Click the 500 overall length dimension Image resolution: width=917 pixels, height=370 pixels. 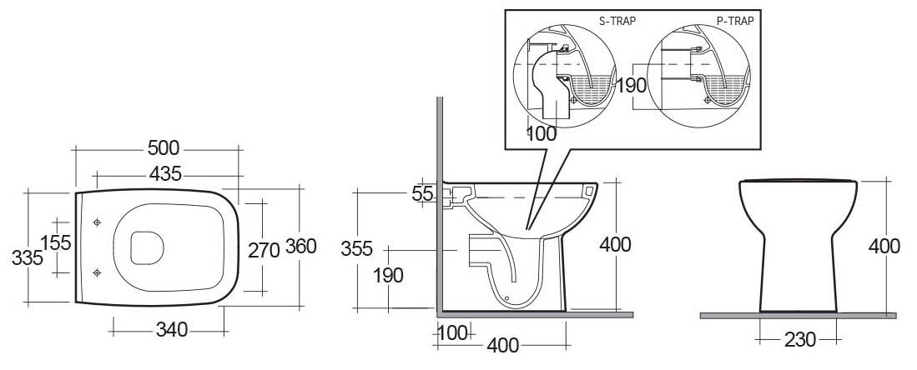pyautogui.click(x=164, y=148)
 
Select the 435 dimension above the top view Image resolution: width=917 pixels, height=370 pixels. pyautogui.click(x=165, y=173)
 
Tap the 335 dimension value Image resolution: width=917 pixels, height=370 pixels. pyautogui.click(x=28, y=257)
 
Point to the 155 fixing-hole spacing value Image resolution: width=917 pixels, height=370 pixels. pyautogui.click(x=56, y=242)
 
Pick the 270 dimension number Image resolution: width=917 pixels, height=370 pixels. pyautogui.click(x=264, y=250)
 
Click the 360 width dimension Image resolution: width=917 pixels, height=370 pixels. pyautogui.click(x=300, y=246)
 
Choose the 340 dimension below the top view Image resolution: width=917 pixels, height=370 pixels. pyautogui.click(x=172, y=330)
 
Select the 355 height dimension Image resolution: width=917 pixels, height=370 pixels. pyautogui.click(x=357, y=248)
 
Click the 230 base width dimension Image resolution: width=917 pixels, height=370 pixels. pyautogui.click(x=799, y=340)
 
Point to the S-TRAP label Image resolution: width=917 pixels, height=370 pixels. pyautogui.click(x=617, y=21)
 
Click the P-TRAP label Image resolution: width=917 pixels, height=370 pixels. pyautogui.click(x=735, y=21)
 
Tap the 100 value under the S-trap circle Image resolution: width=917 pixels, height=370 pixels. pyautogui.click(x=542, y=134)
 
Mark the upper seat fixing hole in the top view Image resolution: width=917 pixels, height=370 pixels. pyautogui.click(x=97, y=222)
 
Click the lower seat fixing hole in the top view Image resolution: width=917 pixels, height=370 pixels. pyautogui.click(x=97, y=272)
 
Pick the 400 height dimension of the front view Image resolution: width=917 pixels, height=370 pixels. pyautogui.click(x=884, y=247)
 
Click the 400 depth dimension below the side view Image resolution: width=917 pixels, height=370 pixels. pyautogui.click(x=503, y=346)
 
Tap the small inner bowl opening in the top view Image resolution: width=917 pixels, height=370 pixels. pyautogui.click(x=146, y=247)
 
